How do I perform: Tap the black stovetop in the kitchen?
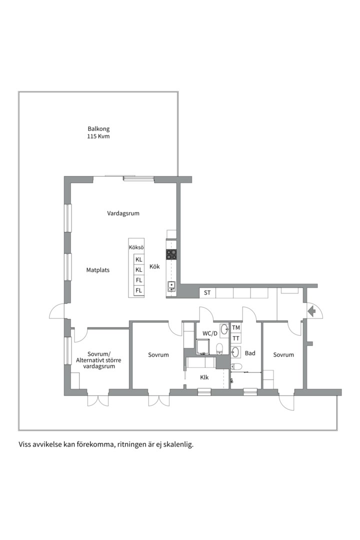click(171, 254)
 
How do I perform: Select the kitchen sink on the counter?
click(171, 286)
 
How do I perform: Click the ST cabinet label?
click(207, 292)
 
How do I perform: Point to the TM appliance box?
click(236, 328)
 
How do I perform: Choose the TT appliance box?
click(236, 338)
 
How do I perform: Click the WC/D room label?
click(210, 333)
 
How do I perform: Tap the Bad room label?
click(250, 353)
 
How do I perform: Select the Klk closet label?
click(204, 377)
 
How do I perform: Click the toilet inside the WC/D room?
click(219, 348)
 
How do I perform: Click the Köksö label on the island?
click(136, 248)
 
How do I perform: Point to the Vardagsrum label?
click(123, 213)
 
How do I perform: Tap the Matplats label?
click(97, 270)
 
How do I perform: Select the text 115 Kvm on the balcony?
click(98, 136)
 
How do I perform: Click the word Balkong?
click(98, 129)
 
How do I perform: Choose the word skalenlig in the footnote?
click(177, 444)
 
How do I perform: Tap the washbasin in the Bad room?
click(236, 352)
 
